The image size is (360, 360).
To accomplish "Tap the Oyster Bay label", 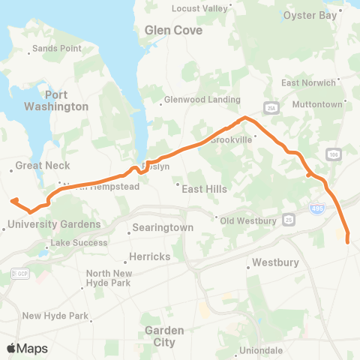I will [x=309, y=14].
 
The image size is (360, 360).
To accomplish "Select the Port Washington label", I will [x=67, y=100].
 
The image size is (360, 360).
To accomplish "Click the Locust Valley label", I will [x=199, y=8].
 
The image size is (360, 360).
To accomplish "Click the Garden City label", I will [x=160, y=336].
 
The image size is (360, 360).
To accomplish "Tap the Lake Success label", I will [x=75, y=243].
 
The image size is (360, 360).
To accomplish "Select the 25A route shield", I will [x=271, y=106].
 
